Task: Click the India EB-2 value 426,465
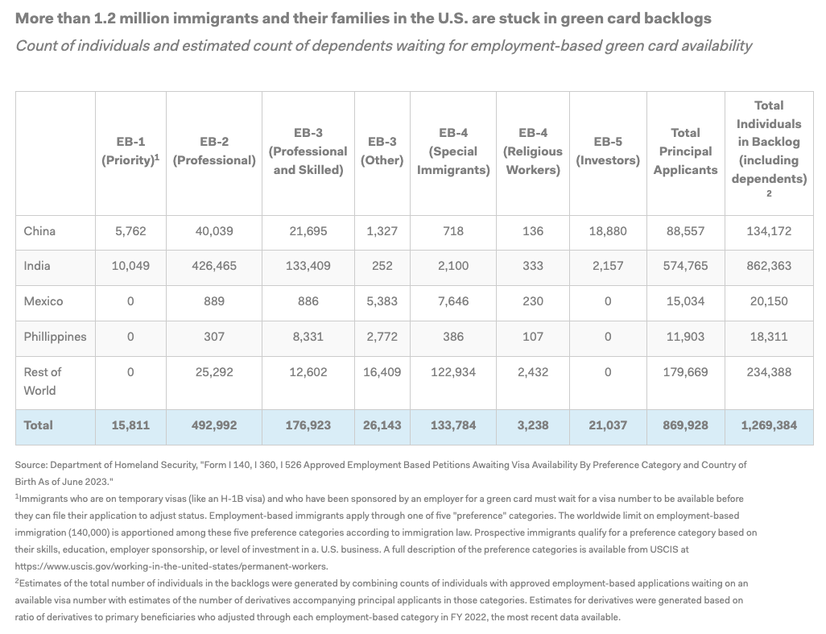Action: (214, 266)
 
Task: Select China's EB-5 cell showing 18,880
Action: (608, 231)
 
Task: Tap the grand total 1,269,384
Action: (769, 425)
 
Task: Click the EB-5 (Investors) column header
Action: (608, 151)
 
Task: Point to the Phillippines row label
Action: (55, 336)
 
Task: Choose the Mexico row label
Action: (43, 301)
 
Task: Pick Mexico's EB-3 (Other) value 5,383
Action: (382, 301)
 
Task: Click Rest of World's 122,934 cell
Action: (453, 371)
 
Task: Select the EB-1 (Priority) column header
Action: (130, 151)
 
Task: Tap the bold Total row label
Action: (39, 425)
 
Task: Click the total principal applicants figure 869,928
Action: (685, 425)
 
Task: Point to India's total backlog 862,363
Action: (769, 266)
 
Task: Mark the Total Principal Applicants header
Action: (685, 151)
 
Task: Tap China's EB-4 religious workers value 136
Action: (532, 231)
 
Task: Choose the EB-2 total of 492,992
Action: (214, 425)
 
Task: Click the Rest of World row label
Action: (43, 380)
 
